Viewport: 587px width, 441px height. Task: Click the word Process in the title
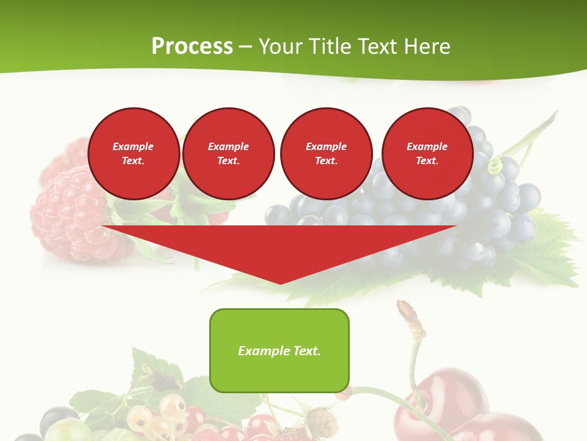point(192,47)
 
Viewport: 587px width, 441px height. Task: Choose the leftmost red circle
point(134,153)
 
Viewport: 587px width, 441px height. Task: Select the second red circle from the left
point(229,153)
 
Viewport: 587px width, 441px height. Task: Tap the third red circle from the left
point(326,153)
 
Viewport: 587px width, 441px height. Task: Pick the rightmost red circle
point(427,153)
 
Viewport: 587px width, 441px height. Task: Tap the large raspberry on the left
point(70,214)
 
